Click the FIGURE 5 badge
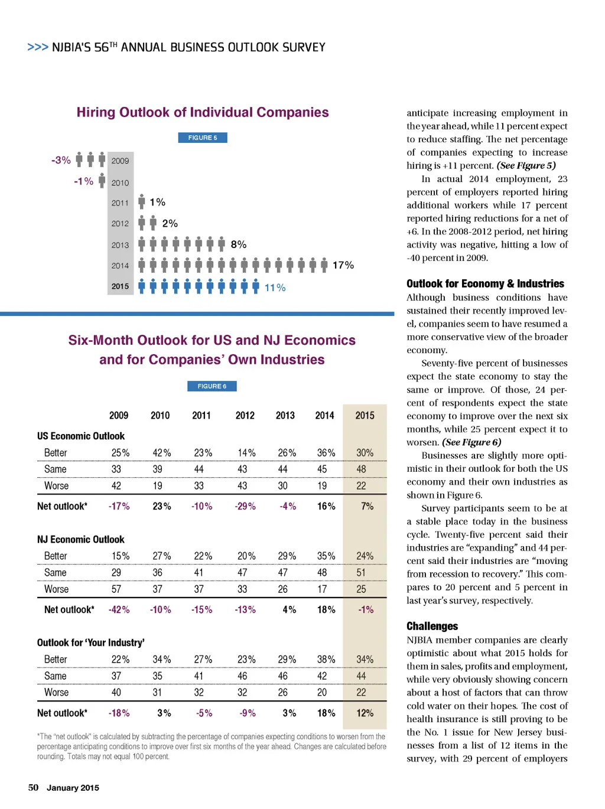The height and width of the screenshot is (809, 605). [203, 138]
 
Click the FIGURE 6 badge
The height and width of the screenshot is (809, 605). [212, 386]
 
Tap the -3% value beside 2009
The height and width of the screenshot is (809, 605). [61, 160]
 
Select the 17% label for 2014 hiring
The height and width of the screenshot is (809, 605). [343, 266]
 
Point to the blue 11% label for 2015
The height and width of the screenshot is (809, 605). [275, 288]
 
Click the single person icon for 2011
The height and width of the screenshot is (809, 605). [142, 202]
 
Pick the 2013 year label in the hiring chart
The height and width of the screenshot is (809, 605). [120, 245]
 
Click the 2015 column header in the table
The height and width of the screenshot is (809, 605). [365, 415]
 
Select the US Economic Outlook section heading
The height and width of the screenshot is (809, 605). [81, 436]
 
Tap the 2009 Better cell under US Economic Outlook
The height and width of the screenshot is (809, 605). [121, 453]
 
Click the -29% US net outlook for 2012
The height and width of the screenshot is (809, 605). [245, 506]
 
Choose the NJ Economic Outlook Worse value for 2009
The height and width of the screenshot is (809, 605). [116, 589]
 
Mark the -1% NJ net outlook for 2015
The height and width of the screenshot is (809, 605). [366, 609]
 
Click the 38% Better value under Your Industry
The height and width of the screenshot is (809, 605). [326, 659]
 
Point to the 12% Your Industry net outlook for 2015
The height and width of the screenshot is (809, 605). [365, 713]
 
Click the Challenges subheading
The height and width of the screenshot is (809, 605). [432, 626]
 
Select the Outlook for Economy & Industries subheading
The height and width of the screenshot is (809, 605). [485, 283]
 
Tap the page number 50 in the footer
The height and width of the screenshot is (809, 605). [33, 787]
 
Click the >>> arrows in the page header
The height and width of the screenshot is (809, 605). [38, 47]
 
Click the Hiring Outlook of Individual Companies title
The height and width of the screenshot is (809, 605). [203, 112]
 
